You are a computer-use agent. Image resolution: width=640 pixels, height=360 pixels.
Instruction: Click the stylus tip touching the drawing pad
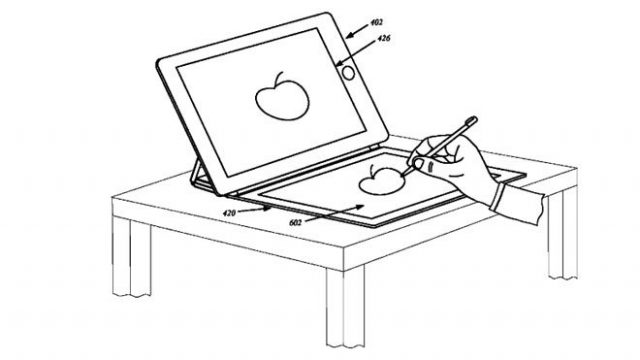pyautogui.click(x=407, y=165)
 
